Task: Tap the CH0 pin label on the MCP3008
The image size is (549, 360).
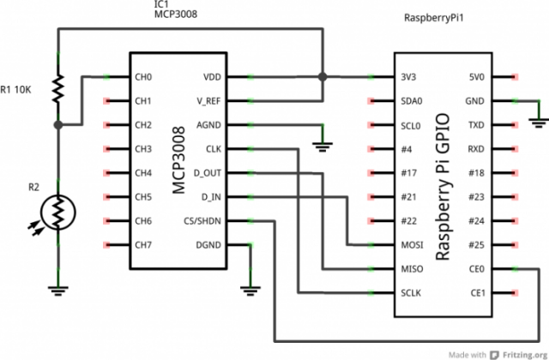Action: [x=144, y=77]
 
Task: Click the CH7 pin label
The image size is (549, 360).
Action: [x=144, y=245]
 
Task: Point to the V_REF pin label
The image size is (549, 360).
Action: [x=210, y=100]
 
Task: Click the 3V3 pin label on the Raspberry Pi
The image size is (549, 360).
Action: [x=409, y=77]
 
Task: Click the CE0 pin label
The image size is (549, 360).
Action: [x=476, y=269]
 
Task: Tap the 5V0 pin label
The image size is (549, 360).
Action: [x=476, y=77]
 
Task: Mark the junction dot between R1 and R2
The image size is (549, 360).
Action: [x=57, y=125]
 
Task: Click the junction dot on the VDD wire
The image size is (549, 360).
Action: [x=322, y=77]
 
